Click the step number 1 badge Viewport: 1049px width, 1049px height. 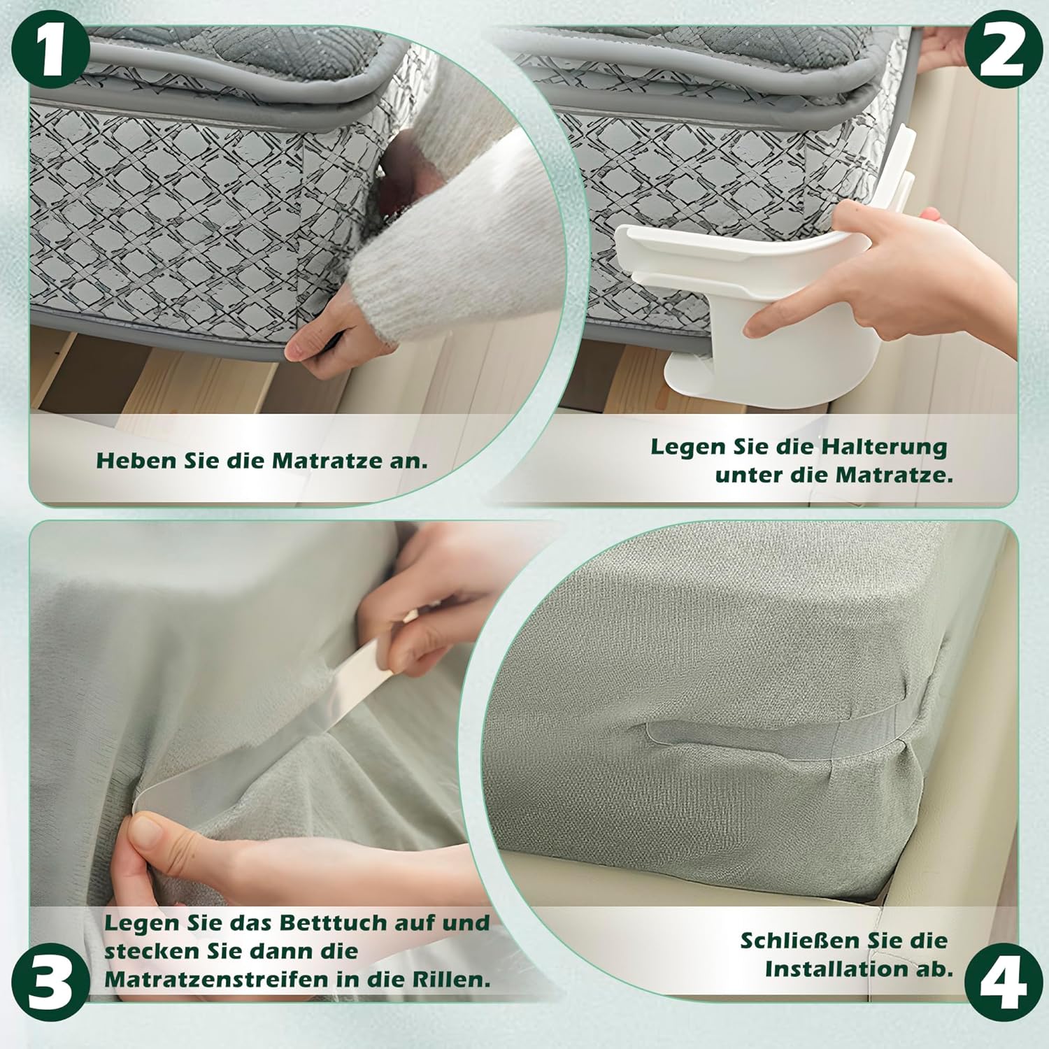pos(50,50)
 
